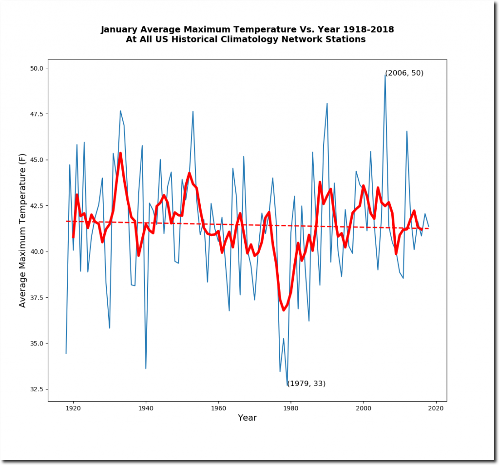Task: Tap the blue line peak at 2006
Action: tap(385, 75)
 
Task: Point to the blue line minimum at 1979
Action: tap(288, 385)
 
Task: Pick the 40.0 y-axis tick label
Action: tap(37, 252)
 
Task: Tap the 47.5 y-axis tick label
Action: tap(37, 114)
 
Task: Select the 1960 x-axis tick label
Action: tap(218, 408)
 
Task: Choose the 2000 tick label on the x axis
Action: tap(363, 408)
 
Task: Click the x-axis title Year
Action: tap(247, 418)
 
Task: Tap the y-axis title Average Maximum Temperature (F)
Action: tap(22, 230)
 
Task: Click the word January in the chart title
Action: tap(120, 30)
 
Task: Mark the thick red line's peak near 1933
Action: tap(120, 153)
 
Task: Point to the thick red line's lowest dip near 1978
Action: tap(284, 310)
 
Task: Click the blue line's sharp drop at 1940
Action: tap(146, 368)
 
